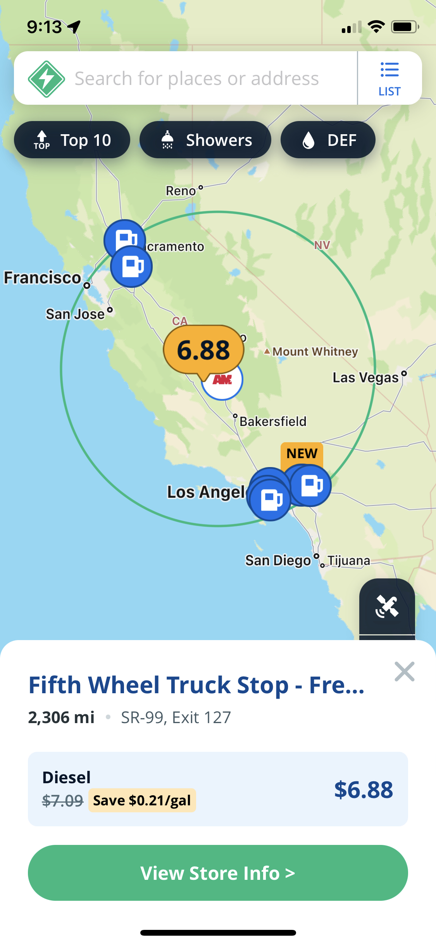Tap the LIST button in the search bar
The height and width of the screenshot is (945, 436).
tap(389, 78)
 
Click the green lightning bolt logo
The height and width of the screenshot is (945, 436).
tap(47, 79)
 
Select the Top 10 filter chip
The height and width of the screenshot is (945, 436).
tap(72, 140)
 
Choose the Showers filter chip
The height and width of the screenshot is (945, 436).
tap(205, 140)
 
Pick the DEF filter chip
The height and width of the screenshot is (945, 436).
tap(328, 140)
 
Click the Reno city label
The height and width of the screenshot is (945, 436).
tap(181, 191)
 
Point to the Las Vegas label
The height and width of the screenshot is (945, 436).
tap(365, 377)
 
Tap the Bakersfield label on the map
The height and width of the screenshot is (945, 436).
tap(273, 421)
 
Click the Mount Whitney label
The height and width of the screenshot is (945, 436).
tap(315, 351)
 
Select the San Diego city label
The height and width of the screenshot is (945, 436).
tap(278, 561)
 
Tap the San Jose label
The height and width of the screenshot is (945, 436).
tap(75, 314)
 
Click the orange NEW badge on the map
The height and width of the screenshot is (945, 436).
tap(302, 453)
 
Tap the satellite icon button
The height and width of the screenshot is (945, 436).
tap(387, 606)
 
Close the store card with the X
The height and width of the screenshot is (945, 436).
tap(404, 672)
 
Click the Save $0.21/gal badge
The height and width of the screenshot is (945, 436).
tap(142, 800)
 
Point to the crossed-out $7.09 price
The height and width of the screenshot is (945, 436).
tap(62, 801)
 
